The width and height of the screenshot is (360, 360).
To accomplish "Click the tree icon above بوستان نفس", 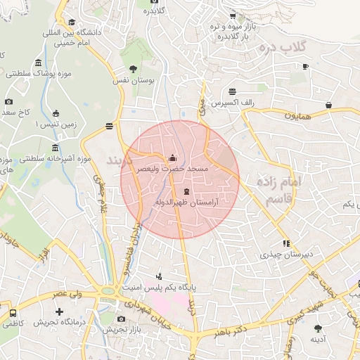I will tap(133, 69).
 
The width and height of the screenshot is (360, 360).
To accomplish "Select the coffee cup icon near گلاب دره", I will tap(305, 67).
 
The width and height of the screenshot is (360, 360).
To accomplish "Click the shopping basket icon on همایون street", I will tap(328, 105).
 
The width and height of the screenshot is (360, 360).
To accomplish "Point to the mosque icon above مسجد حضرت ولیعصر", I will tap(173, 158).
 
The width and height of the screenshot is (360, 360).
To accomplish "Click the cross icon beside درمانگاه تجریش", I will tap(59, 311).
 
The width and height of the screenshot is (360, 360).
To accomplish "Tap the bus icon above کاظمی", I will tap(13, 312).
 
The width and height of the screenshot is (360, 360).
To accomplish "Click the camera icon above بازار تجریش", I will tap(121, 319).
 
